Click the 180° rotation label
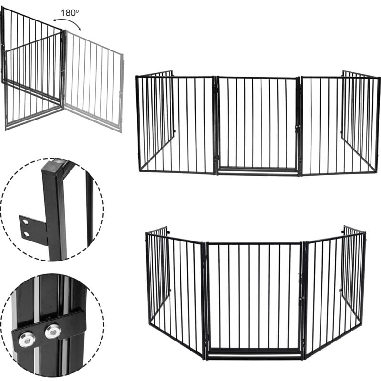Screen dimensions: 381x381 tap(69, 13)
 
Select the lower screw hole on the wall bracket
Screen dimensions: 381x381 tap(26, 234)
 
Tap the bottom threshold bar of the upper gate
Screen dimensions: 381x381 tap(257, 169)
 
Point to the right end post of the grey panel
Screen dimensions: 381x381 tap(121, 93)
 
